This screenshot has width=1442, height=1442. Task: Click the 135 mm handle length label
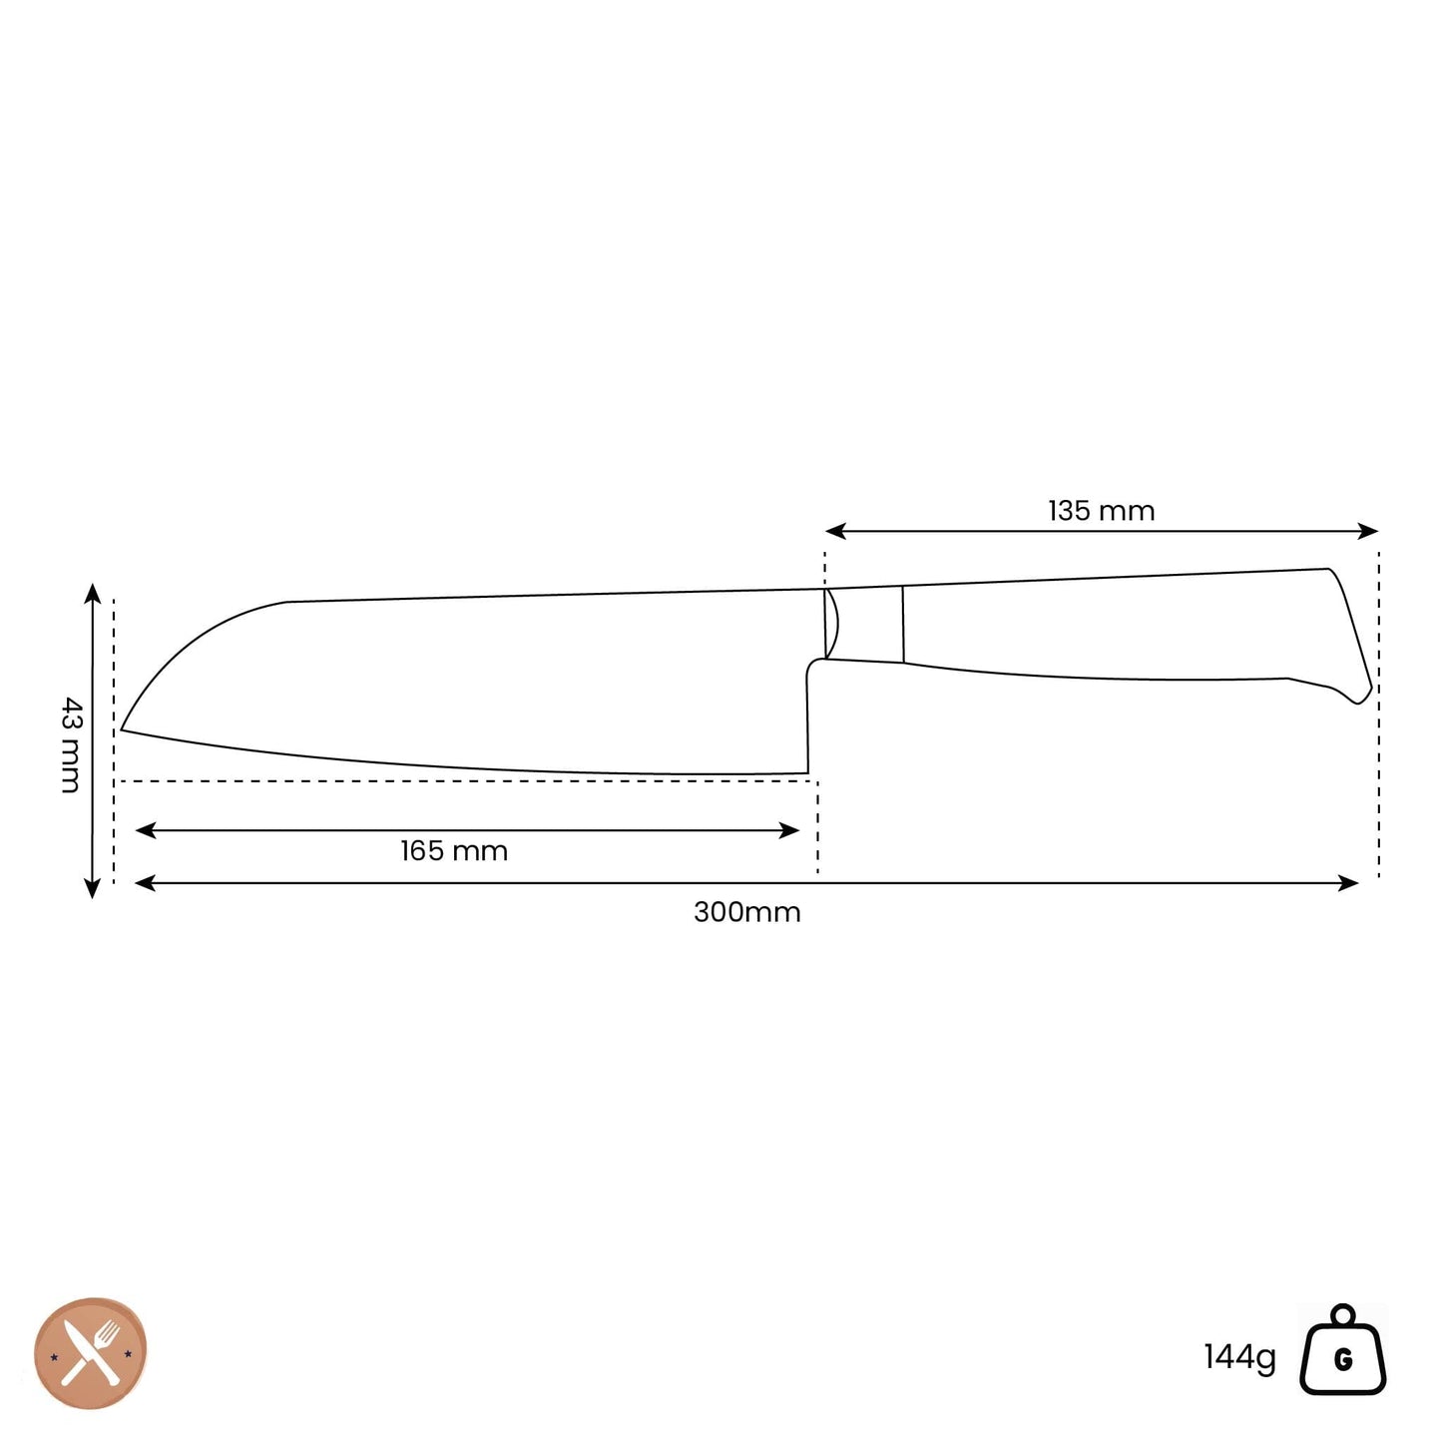pyautogui.click(x=1101, y=511)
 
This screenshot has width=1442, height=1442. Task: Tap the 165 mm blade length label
pyautogui.click(x=454, y=851)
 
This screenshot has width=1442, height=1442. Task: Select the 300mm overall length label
pyautogui.click(x=746, y=912)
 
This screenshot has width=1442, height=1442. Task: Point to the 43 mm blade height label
pyautogui.click(x=70, y=744)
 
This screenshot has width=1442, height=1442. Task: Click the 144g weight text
pyautogui.click(x=1239, y=1357)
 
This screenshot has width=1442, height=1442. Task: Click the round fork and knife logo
pyautogui.click(x=91, y=1353)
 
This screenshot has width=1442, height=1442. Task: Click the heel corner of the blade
pyautogui.click(x=806, y=771)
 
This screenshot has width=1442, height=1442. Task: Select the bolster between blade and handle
pyautogui.click(x=864, y=625)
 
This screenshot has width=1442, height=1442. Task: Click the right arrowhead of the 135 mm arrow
pyautogui.click(x=1368, y=531)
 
